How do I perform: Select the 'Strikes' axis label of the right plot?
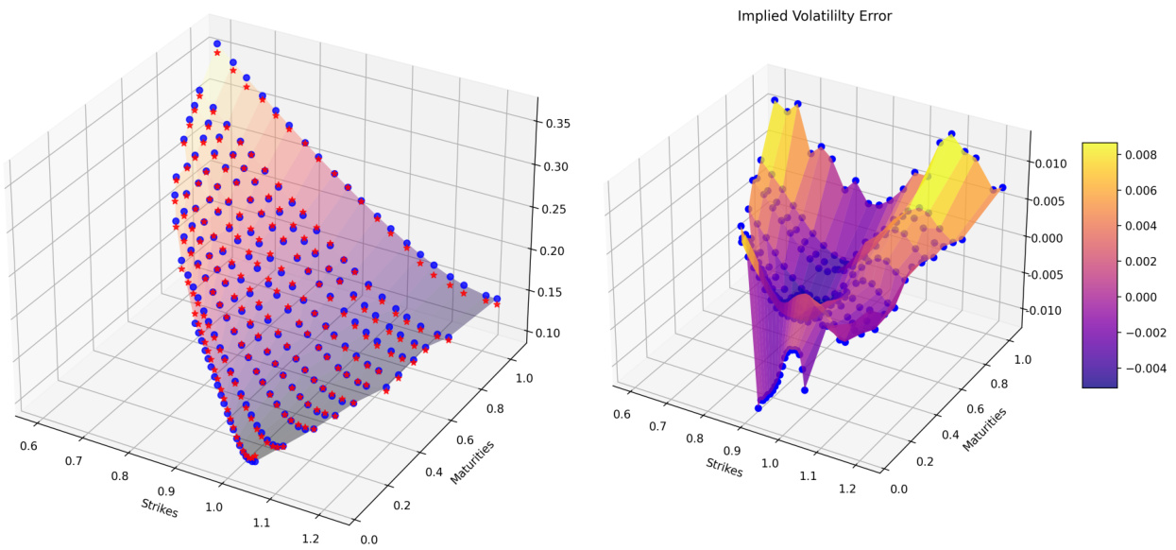point(724,467)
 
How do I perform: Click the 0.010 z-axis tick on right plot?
point(1051,163)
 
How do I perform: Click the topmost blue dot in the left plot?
point(217,43)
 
